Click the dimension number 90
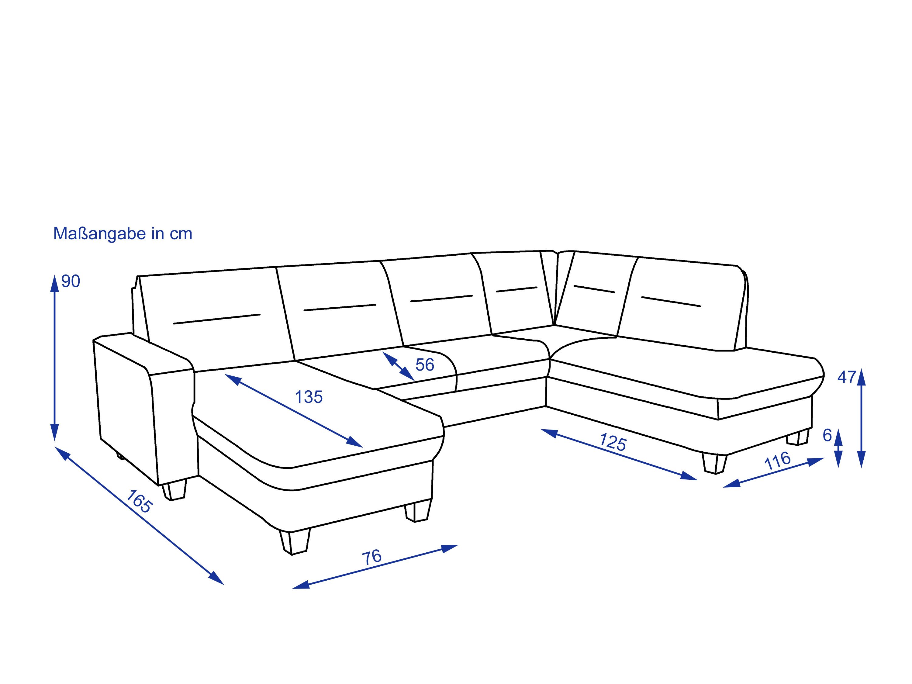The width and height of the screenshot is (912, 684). click(x=71, y=281)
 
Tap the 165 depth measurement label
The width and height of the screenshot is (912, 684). click(x=139, y=501)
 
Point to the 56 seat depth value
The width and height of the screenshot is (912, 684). click(x=425, y=365)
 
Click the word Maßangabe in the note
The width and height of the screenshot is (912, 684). click(x=100, y=234)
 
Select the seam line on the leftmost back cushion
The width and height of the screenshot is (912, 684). click(x=217, y=319)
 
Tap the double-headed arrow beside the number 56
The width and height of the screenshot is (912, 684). click(x=398, y=366)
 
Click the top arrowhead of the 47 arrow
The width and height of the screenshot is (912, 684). click(x=861, y=377)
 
